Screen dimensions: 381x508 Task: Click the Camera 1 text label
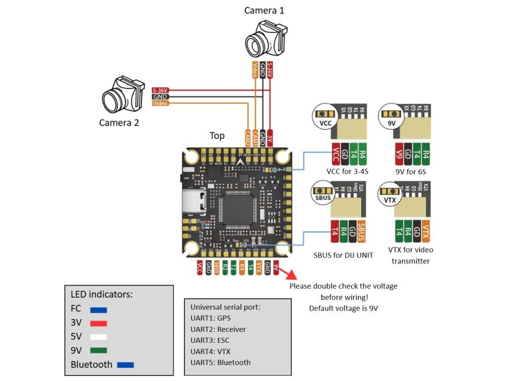tap(264, 10)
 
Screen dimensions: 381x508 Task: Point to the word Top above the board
tap(217, 135)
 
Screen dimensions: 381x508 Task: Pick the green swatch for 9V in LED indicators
tap(99, 350)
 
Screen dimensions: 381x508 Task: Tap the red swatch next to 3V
tap(99, 323)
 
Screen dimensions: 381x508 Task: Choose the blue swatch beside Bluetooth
tap(126, 365)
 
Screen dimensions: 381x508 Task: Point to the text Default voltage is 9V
tap(343, 308)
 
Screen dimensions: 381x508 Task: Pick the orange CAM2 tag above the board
tap(248, 137)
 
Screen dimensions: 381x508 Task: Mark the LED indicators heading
tap(102, 294)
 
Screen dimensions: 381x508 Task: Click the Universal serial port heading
tap(225, 307)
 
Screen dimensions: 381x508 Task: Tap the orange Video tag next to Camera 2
tap(160, 103)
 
